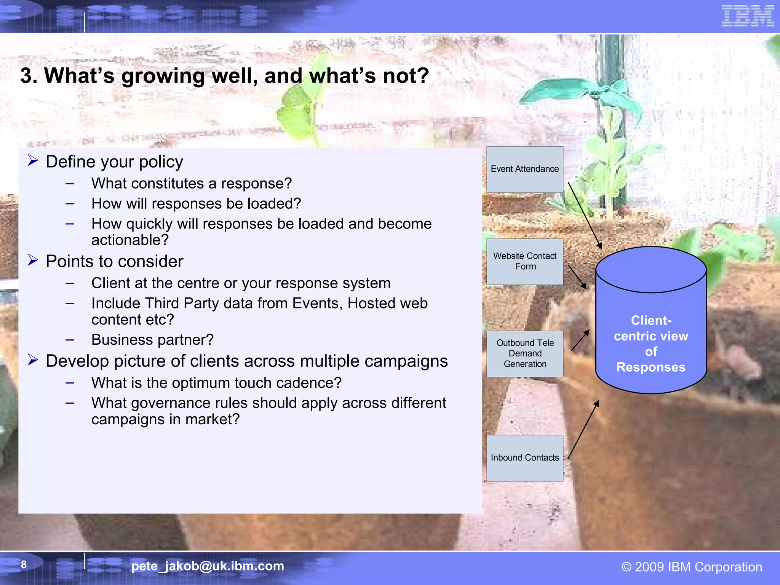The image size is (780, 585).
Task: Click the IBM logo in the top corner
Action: pos(747,16)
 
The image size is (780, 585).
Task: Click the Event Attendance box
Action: pos(524,169)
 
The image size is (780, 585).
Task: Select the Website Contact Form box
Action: pos(524,262)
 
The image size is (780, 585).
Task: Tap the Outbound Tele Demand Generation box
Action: pos(524,354)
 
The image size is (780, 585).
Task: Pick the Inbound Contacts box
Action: pos(524,458)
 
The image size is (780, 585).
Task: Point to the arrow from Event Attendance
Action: pos(585,215)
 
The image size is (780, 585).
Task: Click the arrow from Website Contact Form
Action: pos(577,277)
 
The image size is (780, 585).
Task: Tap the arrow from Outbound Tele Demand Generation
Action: pos(580,340)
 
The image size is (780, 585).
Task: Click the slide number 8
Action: pos(24,564)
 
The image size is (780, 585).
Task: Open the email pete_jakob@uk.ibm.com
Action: pos(208,566)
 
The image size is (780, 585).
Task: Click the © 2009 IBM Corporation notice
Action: pos(692,567)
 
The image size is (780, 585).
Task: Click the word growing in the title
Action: pos(163,76)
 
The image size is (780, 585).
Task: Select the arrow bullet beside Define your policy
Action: pos(33,161)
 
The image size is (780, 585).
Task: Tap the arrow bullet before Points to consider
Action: pos(33,261)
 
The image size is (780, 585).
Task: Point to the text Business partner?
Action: pos(152,340)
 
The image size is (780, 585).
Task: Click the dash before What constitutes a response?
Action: pos(70,184)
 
